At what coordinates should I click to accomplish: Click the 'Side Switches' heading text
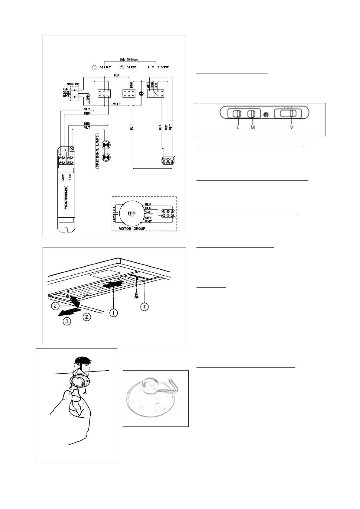click(129, 60)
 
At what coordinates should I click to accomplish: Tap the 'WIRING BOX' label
click(70, 84)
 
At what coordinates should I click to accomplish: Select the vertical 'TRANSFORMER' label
click(66, 198)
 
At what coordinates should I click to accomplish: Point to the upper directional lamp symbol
click(106, 145)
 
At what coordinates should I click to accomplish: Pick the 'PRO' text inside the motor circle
click(131, 213)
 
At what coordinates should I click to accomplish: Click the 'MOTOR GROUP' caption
click(131, 229)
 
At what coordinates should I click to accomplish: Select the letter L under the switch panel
click(238, 128)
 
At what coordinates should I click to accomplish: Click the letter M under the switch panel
click(253, 128)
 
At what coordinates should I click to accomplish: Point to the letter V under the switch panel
click(292, 128)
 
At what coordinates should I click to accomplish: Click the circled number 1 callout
click(114, 313)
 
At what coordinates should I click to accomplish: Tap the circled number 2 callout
click(55, 306)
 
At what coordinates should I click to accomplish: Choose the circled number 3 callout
click(67, 321)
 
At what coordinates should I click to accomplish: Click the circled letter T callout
click(145, 307)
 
